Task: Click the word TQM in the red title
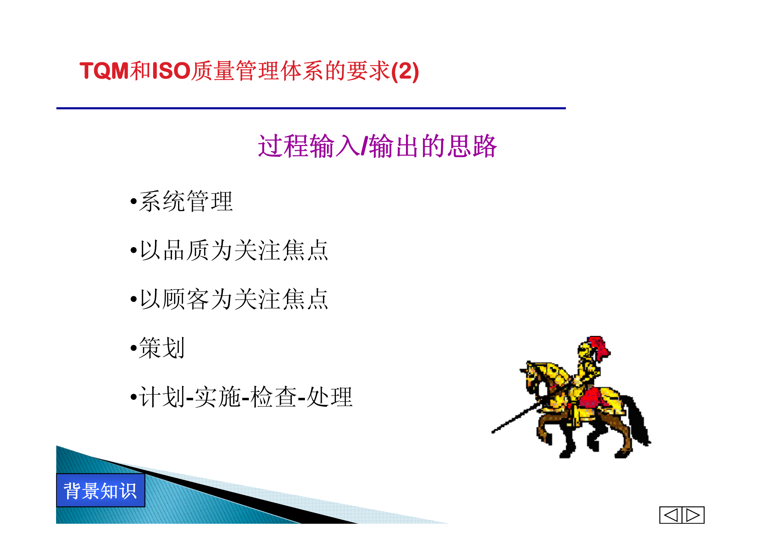pos(104,71)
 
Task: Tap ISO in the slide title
pos(171,71)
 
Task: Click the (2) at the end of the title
pos(405,72)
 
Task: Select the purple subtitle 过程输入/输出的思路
pos(377,146)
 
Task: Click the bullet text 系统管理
pos(186,201)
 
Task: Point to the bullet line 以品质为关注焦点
pos(234,250)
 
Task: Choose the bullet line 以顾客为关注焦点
pos(234,299)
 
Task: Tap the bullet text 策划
pos(162,348)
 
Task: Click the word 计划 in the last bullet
pos(162,397)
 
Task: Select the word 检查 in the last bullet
pos(273,397)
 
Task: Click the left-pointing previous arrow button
pos(671,515)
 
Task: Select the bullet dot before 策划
pos(134,348)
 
